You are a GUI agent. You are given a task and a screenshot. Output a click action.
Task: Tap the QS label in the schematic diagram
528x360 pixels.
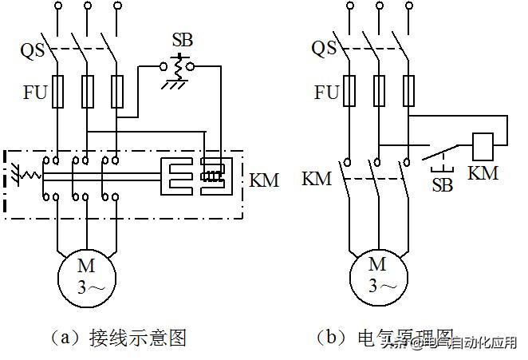324,49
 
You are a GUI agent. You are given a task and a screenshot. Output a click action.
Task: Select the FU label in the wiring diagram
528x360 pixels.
34,92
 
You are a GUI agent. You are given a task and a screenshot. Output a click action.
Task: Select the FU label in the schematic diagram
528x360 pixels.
325,92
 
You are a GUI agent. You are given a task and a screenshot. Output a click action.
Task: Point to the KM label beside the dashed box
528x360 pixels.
264,180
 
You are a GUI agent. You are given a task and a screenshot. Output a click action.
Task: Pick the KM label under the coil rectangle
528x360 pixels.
484,173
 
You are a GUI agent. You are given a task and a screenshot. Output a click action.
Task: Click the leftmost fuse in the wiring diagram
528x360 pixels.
58,92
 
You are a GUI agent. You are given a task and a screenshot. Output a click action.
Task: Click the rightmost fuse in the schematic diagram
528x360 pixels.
409,92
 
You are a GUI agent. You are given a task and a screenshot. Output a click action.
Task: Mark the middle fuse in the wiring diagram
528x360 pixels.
88,92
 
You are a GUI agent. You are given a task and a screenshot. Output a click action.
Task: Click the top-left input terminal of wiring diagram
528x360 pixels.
58,7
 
